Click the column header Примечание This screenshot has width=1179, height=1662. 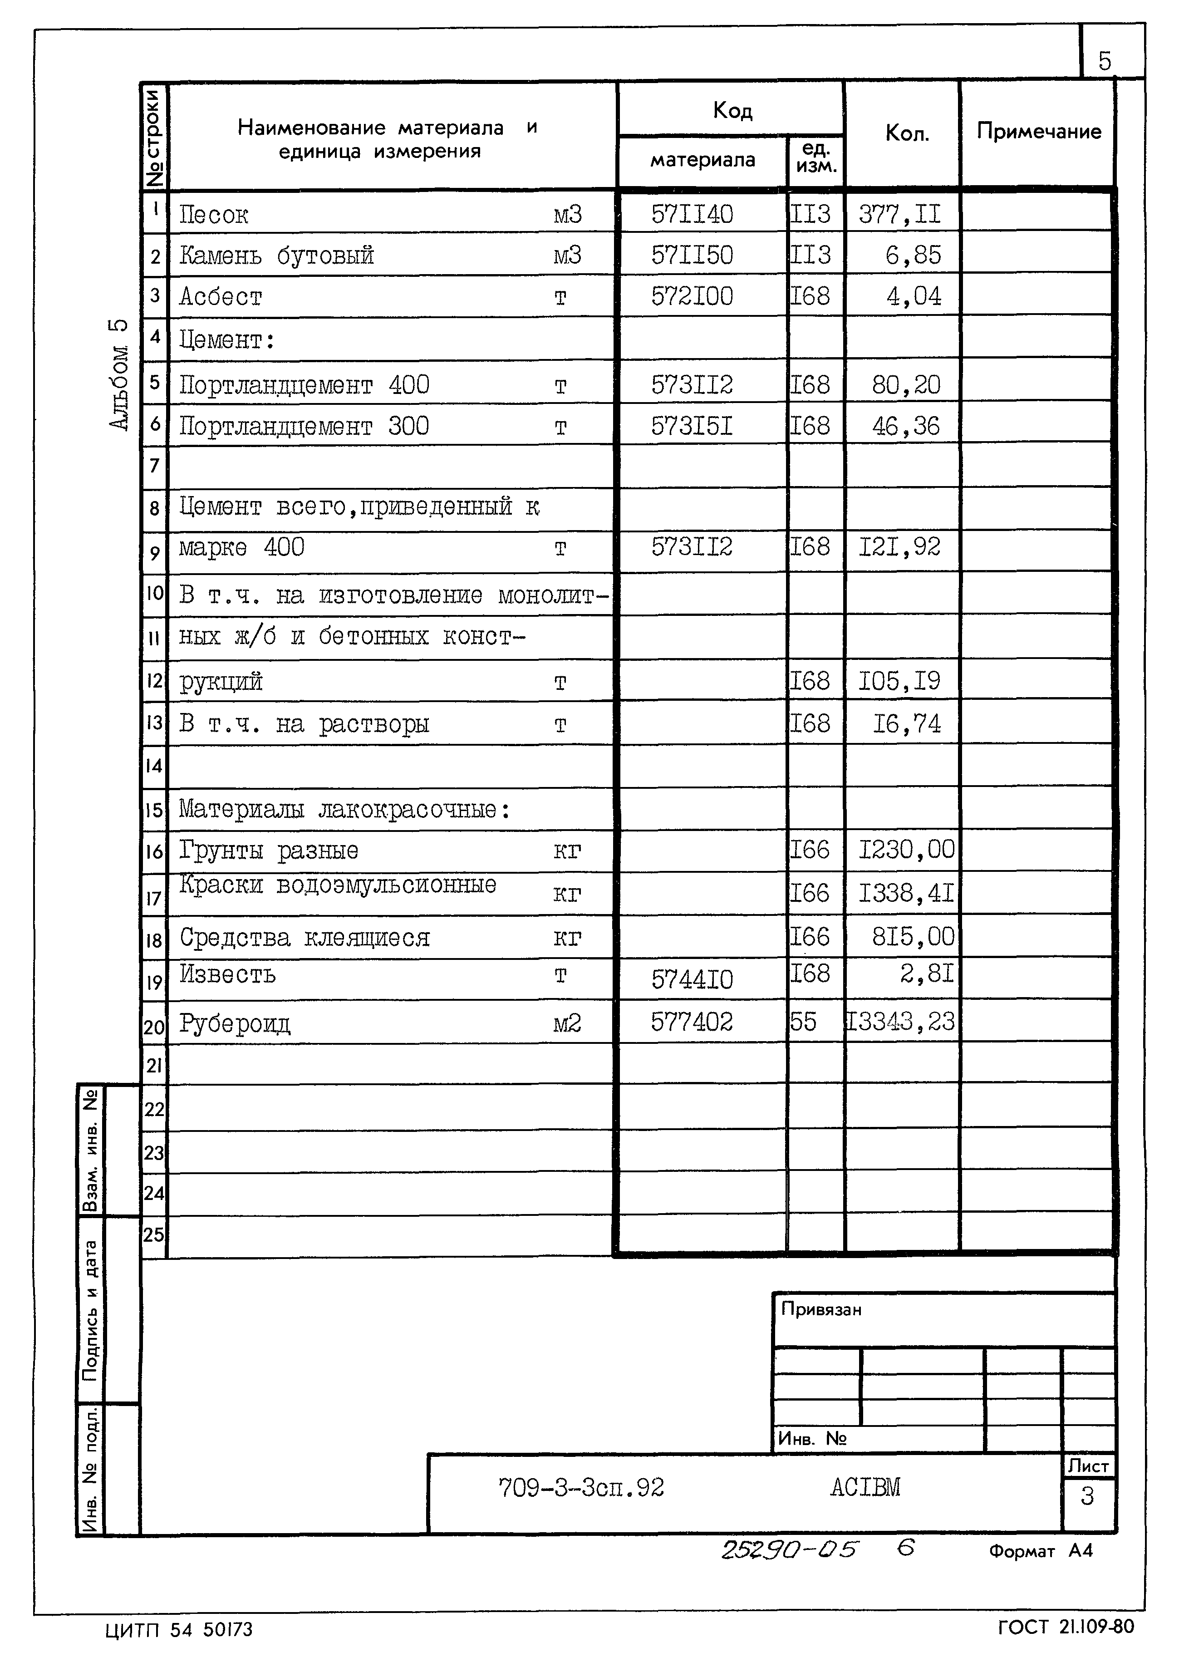pyautogui.click(x=1038, y=132)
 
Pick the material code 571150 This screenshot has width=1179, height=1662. pyautogui.click(x=692, y=255)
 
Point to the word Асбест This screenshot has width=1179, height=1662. pyautogui.click(x=220, y=296)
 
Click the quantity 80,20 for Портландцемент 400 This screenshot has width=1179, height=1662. pyautogui.click(x=906, y=384)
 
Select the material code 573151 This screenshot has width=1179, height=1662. pyautogui.click(x=692, y=425)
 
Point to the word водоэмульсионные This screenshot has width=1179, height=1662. pyautogui.click(x=386, y=885)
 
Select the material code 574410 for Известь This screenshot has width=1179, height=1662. pyautogui.click(x=692, y=979)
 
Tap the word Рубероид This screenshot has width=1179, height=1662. pyautogui.click(x=235, y=1024)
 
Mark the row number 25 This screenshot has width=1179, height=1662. pyautogui.click(x=154, y=1234)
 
